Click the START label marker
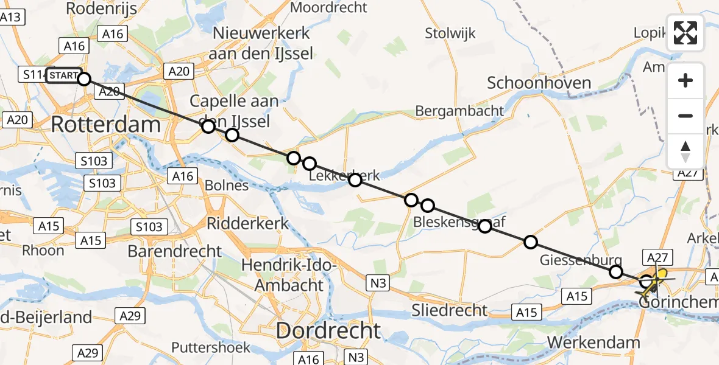63,75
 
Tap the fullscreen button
685,33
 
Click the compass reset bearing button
685,151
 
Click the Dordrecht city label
328,331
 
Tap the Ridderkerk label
248,223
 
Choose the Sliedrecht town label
449,310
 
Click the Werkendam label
593,342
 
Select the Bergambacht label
459,111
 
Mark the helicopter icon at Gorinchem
653,283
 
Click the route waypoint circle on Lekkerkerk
355,180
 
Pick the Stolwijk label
450,33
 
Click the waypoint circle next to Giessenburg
616,271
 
